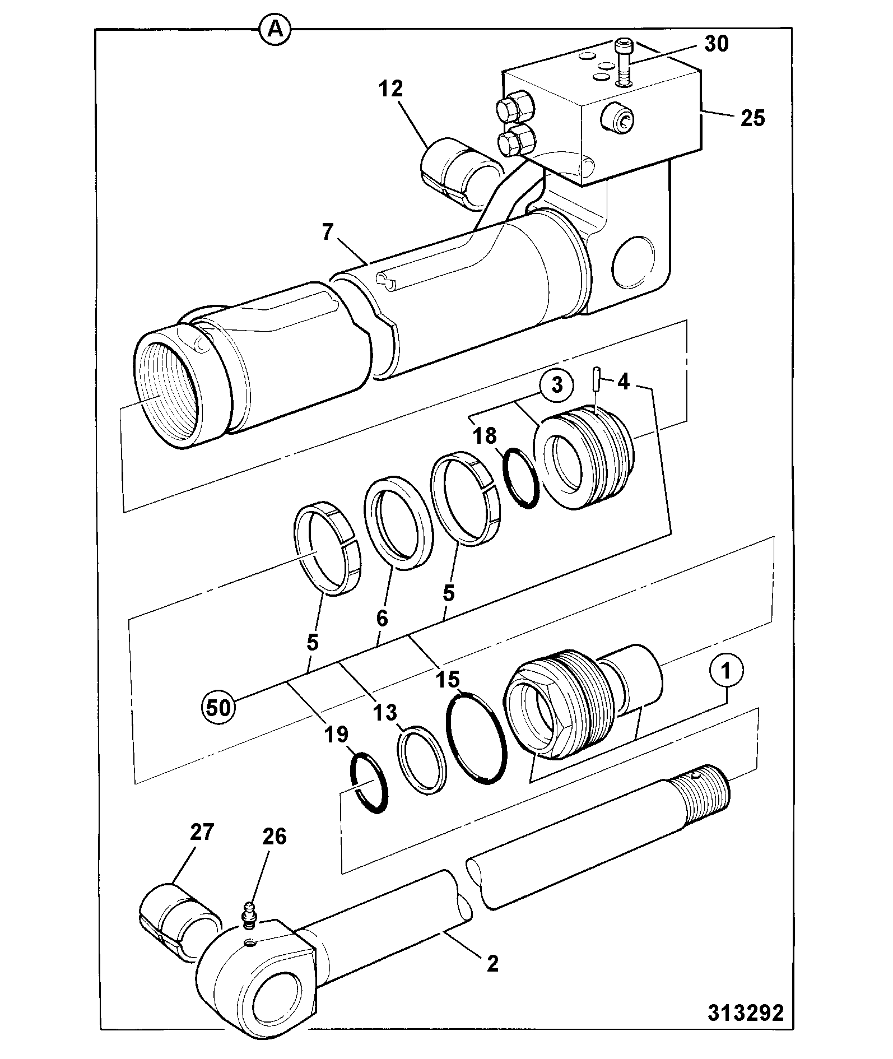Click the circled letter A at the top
[x=275, y=30]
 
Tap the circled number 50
[x=218, y=708]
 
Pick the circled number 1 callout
[x=726, y=671]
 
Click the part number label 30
[x=716, y=44]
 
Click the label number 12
[x=390, y=89]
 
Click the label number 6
[x=382, y=618]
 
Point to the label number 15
[x=448, y=679]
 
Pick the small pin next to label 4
[x=597, y=379]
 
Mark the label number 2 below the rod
[x=492, y=963]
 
